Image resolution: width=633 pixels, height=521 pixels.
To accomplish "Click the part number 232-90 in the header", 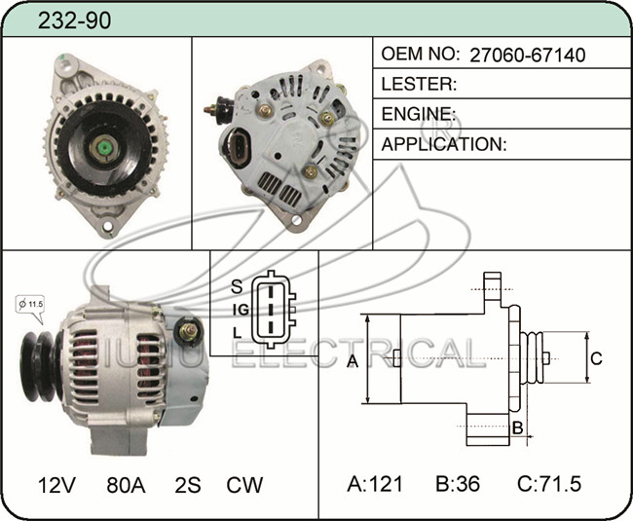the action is (x=74, y=20).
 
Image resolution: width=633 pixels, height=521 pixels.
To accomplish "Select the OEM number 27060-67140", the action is (x=528, y=55).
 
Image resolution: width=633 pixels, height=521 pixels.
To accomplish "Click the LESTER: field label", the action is (x=419, y=84).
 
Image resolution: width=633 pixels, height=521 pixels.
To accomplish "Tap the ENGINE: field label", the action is (x=419, y=114).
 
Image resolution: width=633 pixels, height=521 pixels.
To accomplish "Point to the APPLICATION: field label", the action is (x=444, y=144).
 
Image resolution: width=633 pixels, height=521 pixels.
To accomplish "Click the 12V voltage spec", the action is (x=56, y=485).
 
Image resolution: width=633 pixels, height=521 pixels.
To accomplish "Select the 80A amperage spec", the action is (x=126, y=485).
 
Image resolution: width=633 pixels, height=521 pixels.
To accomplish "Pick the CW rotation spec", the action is (x=244, y=485).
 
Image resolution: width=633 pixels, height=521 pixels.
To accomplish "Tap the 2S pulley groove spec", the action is (x=188, y=485).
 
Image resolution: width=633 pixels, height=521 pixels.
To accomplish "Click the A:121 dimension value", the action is (x=375, y=483).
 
